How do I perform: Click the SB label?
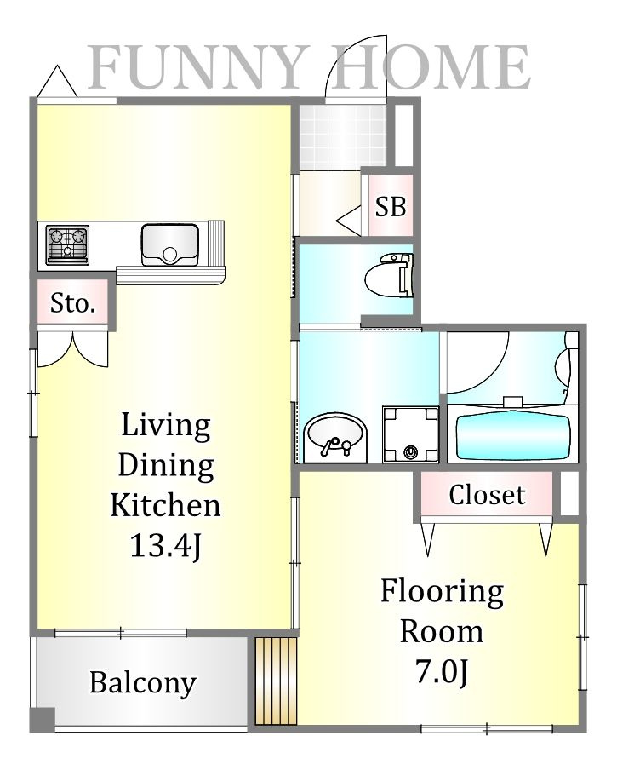(391, 207)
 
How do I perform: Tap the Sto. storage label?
(72, 303)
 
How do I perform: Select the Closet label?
(487, 495)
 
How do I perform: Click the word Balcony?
(143, 683)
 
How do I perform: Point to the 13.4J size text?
(165, 546)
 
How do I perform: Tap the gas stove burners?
(67, 244)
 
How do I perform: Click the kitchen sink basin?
(169, 245)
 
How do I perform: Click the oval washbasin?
(335, 437)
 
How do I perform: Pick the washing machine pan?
(410, 434)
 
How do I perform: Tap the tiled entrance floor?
(342, 137)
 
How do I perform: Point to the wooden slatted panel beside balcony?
(276, 680)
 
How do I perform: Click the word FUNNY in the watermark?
(195, 67)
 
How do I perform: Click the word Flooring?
(442, 593)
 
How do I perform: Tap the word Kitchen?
(165, 504)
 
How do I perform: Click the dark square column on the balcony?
(43, 720)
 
